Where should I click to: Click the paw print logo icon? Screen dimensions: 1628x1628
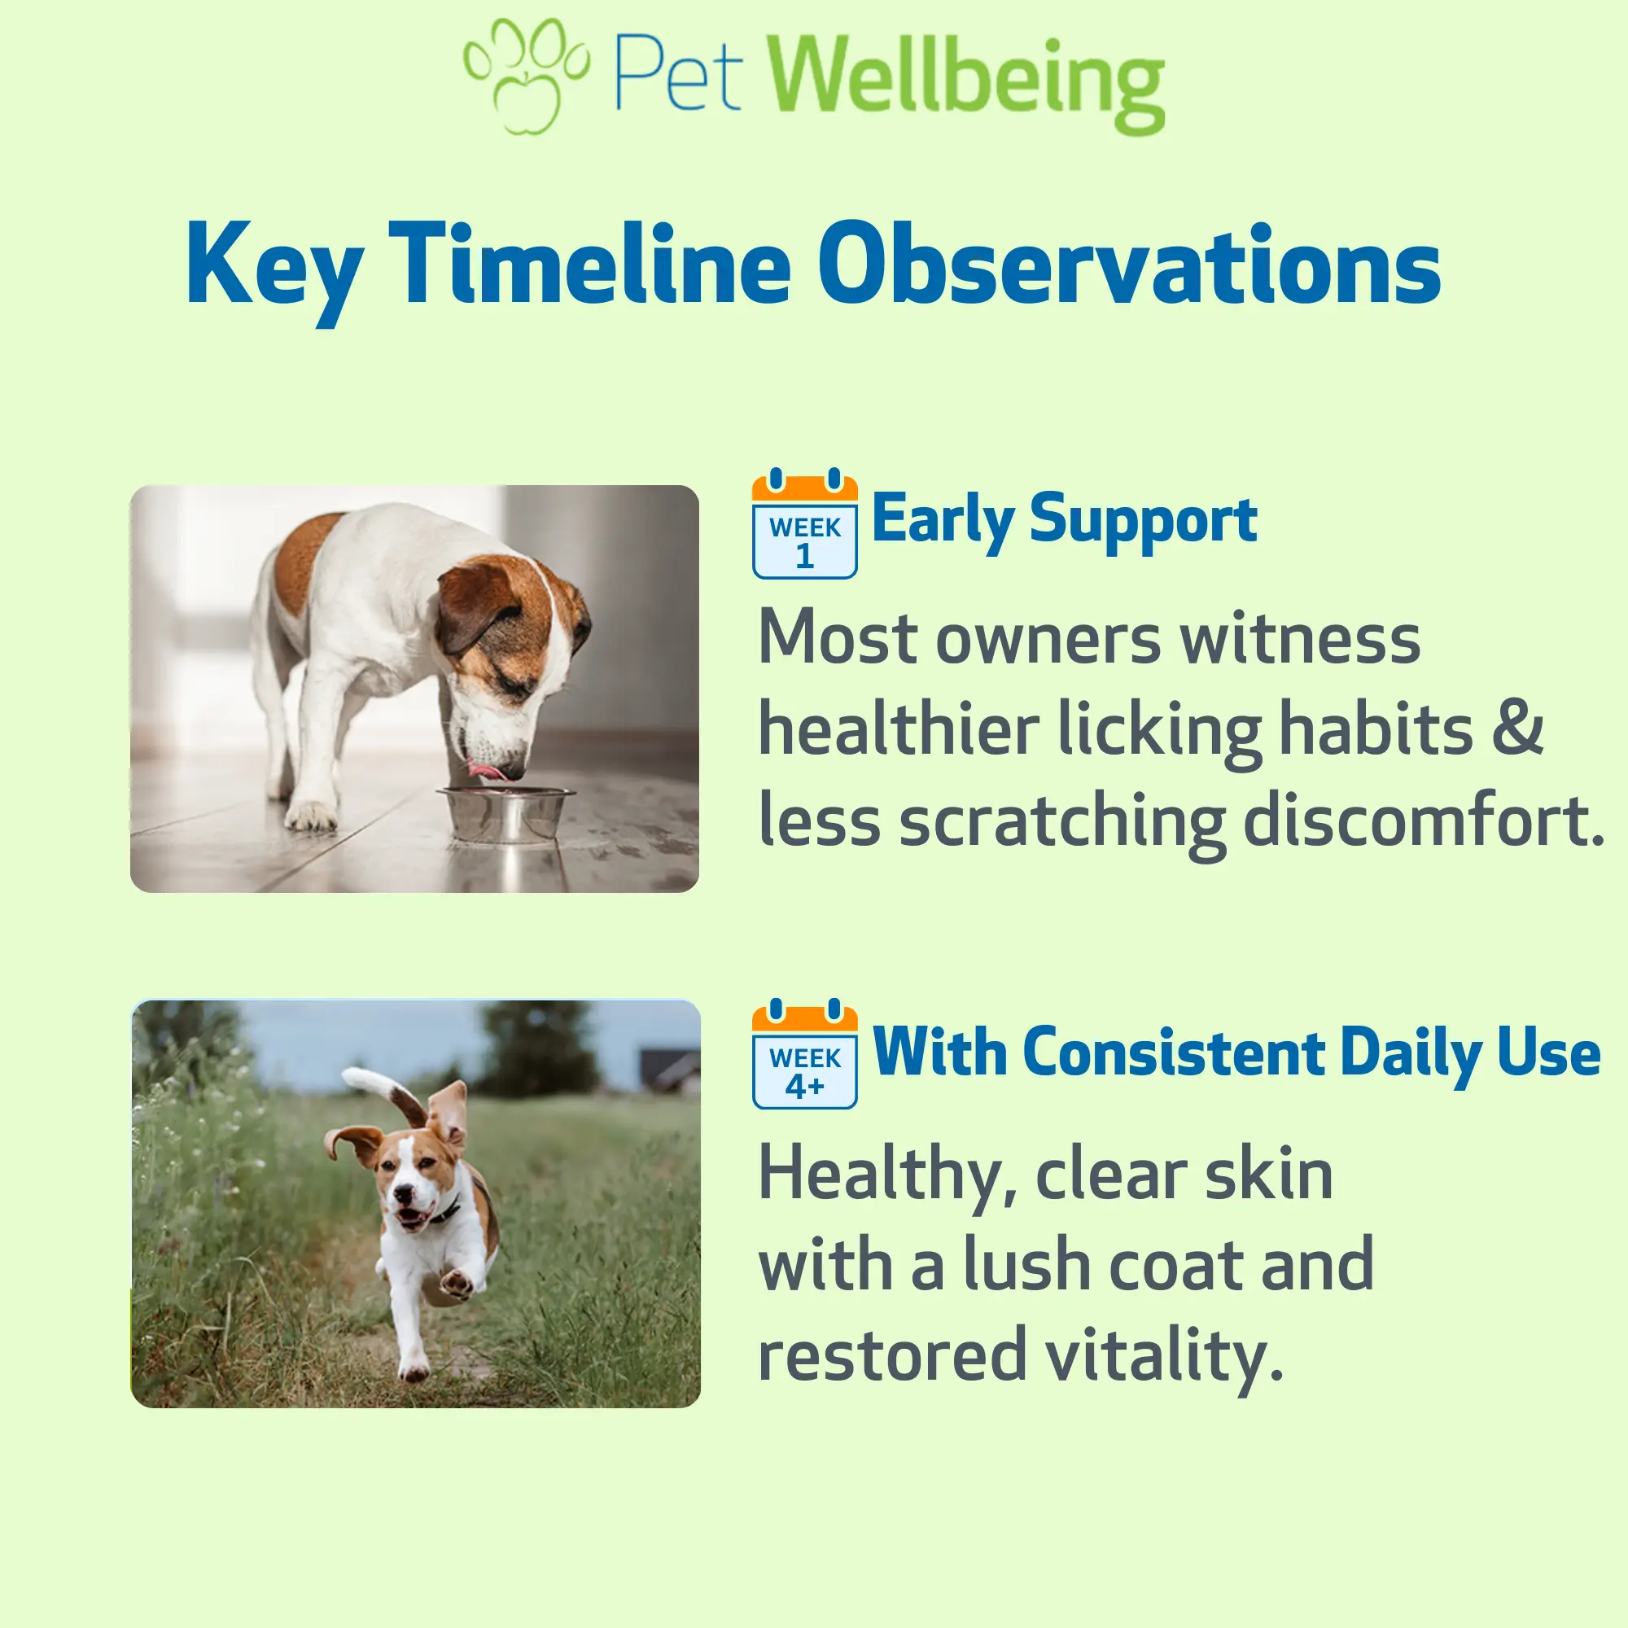coord(527,76)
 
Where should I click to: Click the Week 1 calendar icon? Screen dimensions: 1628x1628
coord(805,523)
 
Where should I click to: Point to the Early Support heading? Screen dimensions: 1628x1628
coord(1064,521)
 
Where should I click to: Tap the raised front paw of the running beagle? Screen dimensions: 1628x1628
coord(457,1283)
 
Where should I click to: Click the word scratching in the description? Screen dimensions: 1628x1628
coord(1062,822)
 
